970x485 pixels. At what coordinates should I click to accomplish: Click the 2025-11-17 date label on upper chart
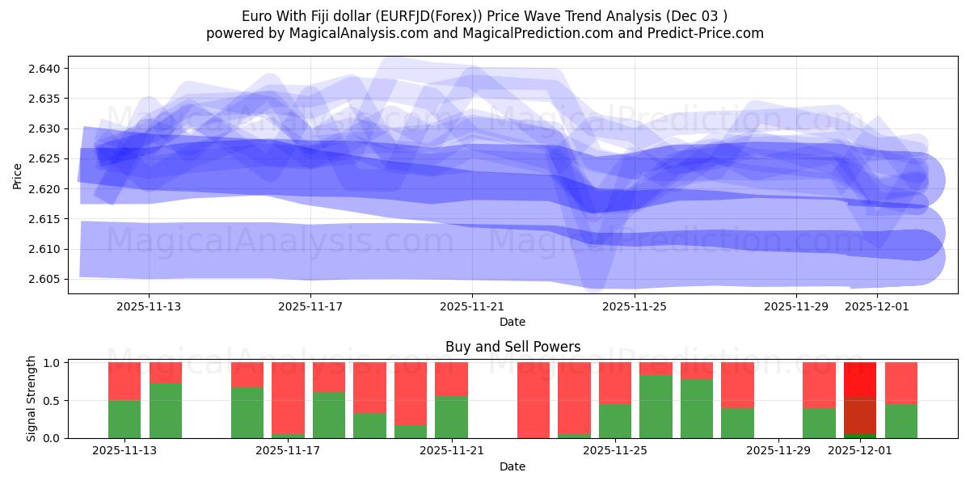(310, 307)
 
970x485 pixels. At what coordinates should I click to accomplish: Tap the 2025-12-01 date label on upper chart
(876, 307)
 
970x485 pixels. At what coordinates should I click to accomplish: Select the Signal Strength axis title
(31, 399)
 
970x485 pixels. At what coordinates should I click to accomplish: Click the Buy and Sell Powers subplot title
(512, 347)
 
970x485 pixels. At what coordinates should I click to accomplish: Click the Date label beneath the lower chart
(512, 466)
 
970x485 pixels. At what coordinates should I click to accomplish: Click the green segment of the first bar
(124, 419)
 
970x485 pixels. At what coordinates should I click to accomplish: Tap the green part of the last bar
(900, 420)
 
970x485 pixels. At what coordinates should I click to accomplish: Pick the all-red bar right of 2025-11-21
(533, 400)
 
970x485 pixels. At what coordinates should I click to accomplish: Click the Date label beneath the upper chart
(512, 322)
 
